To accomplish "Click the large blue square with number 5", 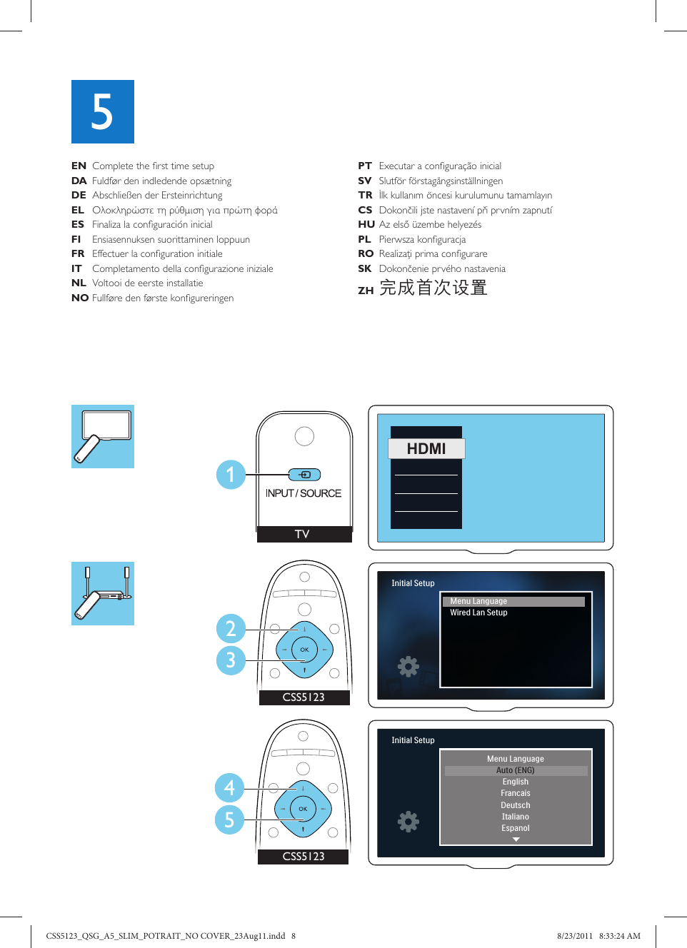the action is (103, 111).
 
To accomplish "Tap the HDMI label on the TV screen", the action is (426, 448).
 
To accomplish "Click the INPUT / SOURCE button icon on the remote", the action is (304, 475).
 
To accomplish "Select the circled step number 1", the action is (231, 475).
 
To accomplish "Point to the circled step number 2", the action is (231, 629).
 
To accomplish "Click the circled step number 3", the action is (231, 660).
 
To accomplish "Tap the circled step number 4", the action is (229, 788).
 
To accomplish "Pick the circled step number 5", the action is (229, 820).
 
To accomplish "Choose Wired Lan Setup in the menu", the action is (478, 612).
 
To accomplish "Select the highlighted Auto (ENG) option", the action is (516, 770).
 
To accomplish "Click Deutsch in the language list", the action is (516, 805).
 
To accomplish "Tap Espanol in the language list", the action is (516, 828).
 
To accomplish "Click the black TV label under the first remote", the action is (304, 534).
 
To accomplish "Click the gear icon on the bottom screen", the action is (408, 822).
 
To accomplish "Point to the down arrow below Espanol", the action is (516, 839).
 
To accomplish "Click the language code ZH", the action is (366, 291).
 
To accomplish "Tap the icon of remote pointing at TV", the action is (103, 437).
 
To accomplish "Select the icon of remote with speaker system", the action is (103, 594).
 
